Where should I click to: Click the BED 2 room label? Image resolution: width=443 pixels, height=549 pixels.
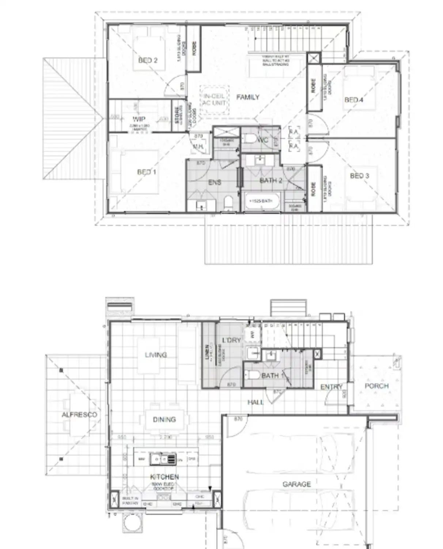coord(148,60)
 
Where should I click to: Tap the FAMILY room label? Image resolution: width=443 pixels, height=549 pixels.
coord(247,97)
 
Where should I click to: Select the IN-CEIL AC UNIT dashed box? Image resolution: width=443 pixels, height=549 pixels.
coord(214,100)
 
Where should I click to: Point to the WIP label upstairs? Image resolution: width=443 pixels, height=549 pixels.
coord(139,119)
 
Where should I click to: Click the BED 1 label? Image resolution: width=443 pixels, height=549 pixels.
coord(147,172)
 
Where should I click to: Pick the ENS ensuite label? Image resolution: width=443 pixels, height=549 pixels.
coord(215,182)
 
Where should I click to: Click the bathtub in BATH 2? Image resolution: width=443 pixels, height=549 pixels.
coord(262,201)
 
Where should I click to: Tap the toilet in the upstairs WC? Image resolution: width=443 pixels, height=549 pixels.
coord(251,139)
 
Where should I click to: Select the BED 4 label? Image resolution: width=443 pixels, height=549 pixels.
coord(353,100)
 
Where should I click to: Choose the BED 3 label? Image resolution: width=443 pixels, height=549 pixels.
coord(359,176)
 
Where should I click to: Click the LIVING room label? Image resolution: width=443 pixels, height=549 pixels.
coord(156,355)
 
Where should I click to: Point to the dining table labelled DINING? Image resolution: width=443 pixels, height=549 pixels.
coord(164,420)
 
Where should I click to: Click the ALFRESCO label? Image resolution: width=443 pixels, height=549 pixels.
coord(79,415)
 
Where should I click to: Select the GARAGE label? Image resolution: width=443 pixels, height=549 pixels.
coord(296,484)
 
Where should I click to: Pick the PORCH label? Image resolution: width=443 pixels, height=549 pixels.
coord(376,386)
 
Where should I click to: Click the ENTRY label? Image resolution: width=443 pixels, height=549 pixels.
coord(331,387)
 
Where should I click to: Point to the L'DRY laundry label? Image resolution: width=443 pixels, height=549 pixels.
coord(231,340)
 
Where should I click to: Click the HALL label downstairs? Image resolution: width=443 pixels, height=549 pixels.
coord(255,402)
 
